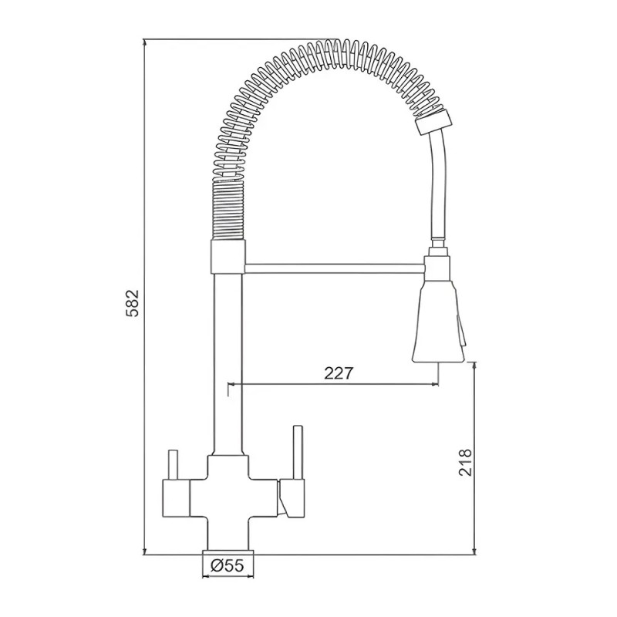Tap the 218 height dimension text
tap(466, 460)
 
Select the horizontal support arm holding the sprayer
tap(335, 267)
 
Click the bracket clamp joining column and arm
tap(228, 256)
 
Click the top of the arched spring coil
tap(332, 51)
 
